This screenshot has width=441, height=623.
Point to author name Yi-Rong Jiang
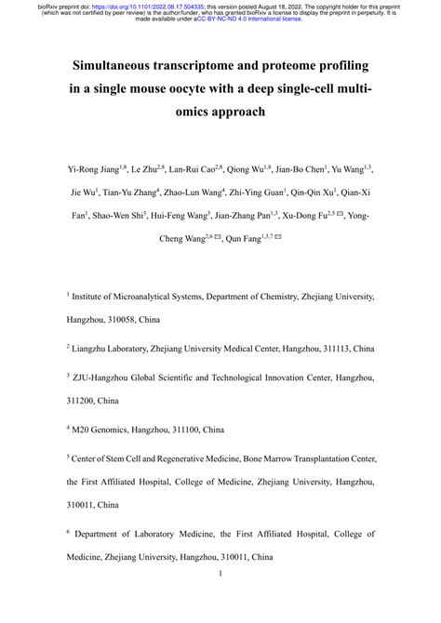point(95,170)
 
